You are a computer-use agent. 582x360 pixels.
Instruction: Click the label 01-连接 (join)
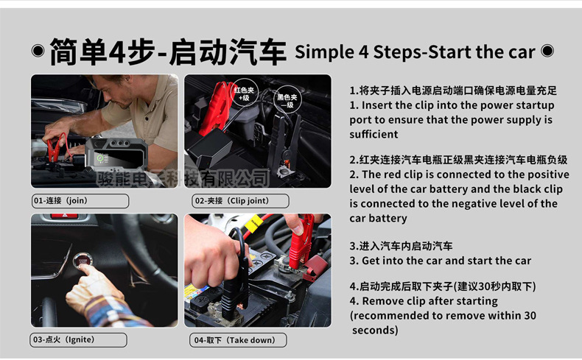coord(80,200)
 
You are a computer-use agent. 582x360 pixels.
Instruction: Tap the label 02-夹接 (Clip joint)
coord(240,200)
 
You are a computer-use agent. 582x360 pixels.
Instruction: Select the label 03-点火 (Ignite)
coord(78,339)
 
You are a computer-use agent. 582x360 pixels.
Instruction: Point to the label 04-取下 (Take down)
coord(238,340)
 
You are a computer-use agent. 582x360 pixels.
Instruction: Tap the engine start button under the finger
coord(83,261)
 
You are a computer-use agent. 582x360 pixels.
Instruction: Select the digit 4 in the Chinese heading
coord(118,52)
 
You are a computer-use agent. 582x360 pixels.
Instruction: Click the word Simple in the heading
coord(324,52)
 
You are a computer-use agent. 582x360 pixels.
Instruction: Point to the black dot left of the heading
coord(38,50)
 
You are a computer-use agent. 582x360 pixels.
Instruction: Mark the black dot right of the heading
coord(547,50)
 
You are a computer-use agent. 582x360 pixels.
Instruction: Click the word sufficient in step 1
coord(374,134)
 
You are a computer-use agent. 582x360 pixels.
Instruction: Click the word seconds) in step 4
coord(375,330)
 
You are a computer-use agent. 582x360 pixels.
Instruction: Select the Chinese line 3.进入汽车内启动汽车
coord(401,246)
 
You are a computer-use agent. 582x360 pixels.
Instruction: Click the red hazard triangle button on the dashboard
coord(64,216)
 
